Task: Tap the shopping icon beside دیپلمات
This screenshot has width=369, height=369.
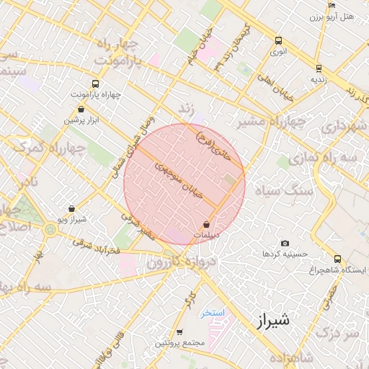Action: [207, 224]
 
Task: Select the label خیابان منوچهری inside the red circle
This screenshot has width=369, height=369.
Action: [180, 179]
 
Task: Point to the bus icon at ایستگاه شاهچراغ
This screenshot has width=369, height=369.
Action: [337, 259]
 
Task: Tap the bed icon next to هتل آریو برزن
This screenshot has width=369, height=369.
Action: [332, 6]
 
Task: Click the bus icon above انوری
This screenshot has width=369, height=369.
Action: [278, 41]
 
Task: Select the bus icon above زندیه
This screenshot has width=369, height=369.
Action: [319, 68]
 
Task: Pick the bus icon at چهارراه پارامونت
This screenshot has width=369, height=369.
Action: [96, 84]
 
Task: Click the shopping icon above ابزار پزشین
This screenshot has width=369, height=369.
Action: [81, 109]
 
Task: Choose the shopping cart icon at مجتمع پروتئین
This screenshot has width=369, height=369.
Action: [179, 332]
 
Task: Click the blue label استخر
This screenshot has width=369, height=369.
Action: [213, 313]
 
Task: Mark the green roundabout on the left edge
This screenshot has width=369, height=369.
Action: [50, 231]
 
